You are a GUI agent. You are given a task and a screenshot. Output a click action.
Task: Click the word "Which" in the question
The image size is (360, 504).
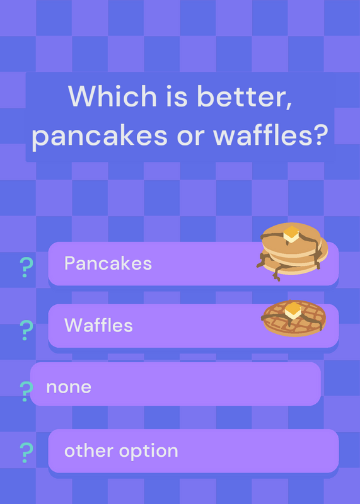[x=112, y=96]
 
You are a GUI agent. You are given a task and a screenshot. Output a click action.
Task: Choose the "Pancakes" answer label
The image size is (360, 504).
[x=108, y=263]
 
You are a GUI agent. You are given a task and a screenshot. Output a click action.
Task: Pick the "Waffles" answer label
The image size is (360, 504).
[x=98, y=325]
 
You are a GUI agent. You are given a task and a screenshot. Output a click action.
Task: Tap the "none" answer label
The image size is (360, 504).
[x=69, y=387]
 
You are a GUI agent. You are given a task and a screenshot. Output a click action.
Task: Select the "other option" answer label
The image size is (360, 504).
[x=121, y=451]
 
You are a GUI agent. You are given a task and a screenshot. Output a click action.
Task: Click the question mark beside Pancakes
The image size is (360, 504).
[x=26, y=267]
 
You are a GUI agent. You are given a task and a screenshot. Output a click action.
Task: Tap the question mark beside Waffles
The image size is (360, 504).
[x=26, y=330]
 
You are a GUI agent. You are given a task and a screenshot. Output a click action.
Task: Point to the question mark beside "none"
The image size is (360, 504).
[x=26, y=391]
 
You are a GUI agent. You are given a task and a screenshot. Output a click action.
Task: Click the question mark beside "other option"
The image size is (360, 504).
[x=26, y=453]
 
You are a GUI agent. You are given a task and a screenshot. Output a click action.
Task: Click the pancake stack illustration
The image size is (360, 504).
[x=292, y=251]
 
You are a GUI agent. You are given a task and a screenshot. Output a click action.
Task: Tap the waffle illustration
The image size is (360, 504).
[x=294, y=318]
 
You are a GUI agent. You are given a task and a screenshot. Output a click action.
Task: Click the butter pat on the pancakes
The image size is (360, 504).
[x=291, y=234]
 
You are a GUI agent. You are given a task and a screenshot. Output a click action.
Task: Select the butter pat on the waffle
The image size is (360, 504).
[x=293, y=311]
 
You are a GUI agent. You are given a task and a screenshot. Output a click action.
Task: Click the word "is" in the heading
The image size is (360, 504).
[x=177, y=96]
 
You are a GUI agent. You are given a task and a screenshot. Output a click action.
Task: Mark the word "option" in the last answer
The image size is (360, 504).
[x=149, y=452]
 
